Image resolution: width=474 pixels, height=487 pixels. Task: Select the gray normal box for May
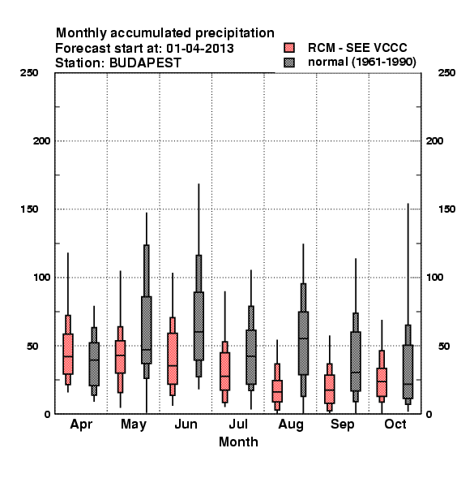[147, 330]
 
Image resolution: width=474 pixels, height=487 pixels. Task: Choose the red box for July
[224, 371]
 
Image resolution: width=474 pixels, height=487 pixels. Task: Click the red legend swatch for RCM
[289, 48]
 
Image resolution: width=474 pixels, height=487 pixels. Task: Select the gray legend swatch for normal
[289, 62]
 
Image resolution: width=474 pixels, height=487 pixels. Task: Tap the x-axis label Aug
[291, 425]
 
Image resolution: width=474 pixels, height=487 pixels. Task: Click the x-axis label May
[134, 425]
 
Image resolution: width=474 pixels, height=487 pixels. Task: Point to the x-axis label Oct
[395, 424]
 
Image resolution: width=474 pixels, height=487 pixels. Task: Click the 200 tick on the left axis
[41, 141]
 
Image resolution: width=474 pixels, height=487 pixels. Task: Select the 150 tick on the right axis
[446, 209]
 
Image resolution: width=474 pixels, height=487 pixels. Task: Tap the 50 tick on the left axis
[32, 346]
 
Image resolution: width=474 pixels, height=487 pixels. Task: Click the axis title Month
[238, 442]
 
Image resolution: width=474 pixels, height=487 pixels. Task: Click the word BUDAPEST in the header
[145, 63]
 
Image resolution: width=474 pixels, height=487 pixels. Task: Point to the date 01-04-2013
[200, 49]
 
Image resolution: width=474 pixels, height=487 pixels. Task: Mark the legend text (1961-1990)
[384, 62]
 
